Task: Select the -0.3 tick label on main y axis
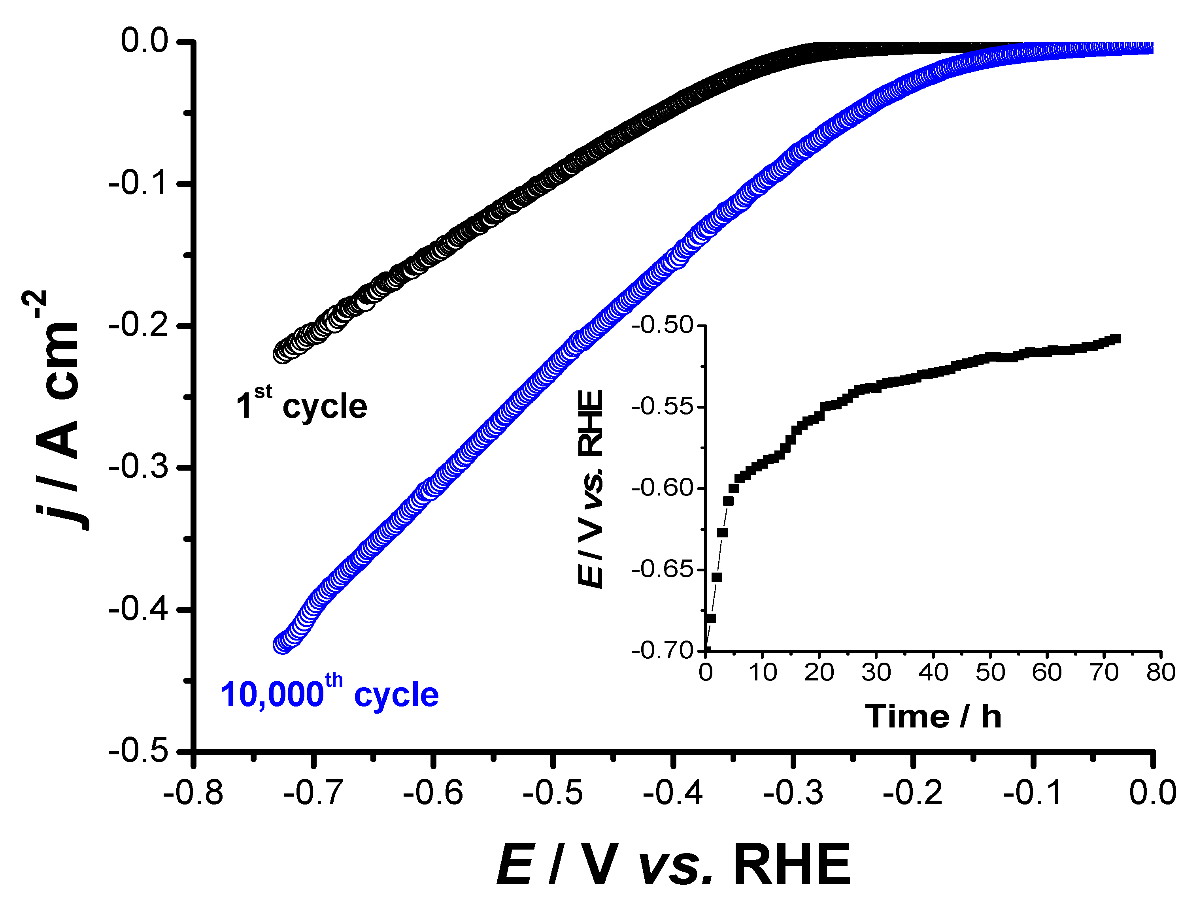coord(138,467)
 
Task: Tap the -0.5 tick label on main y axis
coord(138,752)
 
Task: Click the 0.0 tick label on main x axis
coord(1152,793)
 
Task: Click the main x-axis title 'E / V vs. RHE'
coord(674,865)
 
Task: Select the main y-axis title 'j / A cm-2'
coord(58,410)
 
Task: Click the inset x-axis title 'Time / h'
coord(933,716)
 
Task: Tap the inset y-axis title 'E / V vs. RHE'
coord(590,488)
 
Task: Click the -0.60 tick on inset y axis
coord(663,488)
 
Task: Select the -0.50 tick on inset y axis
coord(663,325)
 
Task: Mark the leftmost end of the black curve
coord(282,354)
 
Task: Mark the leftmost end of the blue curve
coord(282,644)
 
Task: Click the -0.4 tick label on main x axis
coord(673,793)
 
